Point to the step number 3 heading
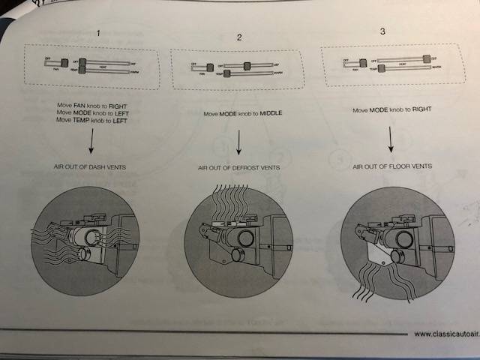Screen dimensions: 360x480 (x=383, y=32)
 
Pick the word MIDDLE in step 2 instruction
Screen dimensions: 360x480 (x=265, y=115)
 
